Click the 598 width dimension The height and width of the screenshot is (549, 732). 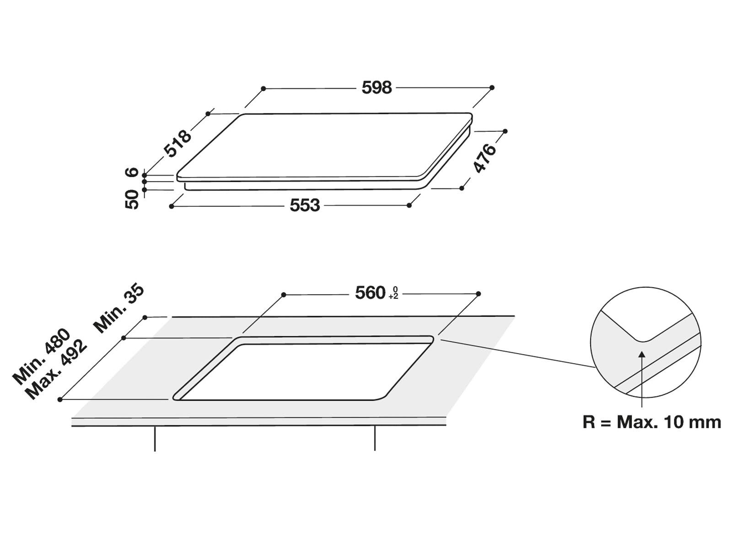377,88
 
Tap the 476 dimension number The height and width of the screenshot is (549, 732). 484,158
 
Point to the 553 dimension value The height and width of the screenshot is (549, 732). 305,205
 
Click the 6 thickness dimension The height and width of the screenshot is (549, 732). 132,172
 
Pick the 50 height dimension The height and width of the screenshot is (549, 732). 132,199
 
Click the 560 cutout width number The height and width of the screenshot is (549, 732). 370,293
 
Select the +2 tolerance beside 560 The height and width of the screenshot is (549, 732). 393,296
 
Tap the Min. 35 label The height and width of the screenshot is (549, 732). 119,308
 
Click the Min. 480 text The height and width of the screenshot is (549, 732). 41,356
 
